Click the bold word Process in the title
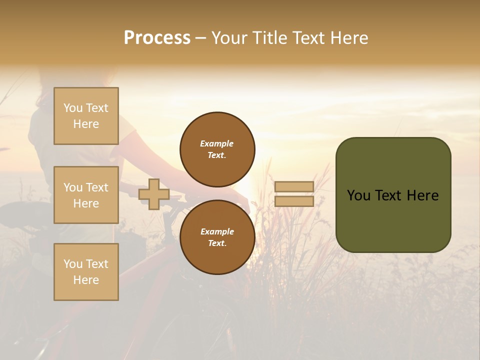click(x=157, y=38)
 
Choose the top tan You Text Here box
click(x=86, y=116)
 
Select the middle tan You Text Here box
click(x=86, y=195)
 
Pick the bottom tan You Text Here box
click(x=86, y=272)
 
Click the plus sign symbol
click(x=154, y=194)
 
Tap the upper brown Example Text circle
click(x=217, y=149)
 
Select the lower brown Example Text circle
click(x=217, y=237)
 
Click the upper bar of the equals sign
click(x=294, y=186)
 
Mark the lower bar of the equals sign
click(x=294, y=201)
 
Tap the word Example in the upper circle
click(x=217, y=144)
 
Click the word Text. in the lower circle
click(x=217, y=243)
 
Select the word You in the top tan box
click(x=72, y=108)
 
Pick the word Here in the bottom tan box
click(x=86, y=280)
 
